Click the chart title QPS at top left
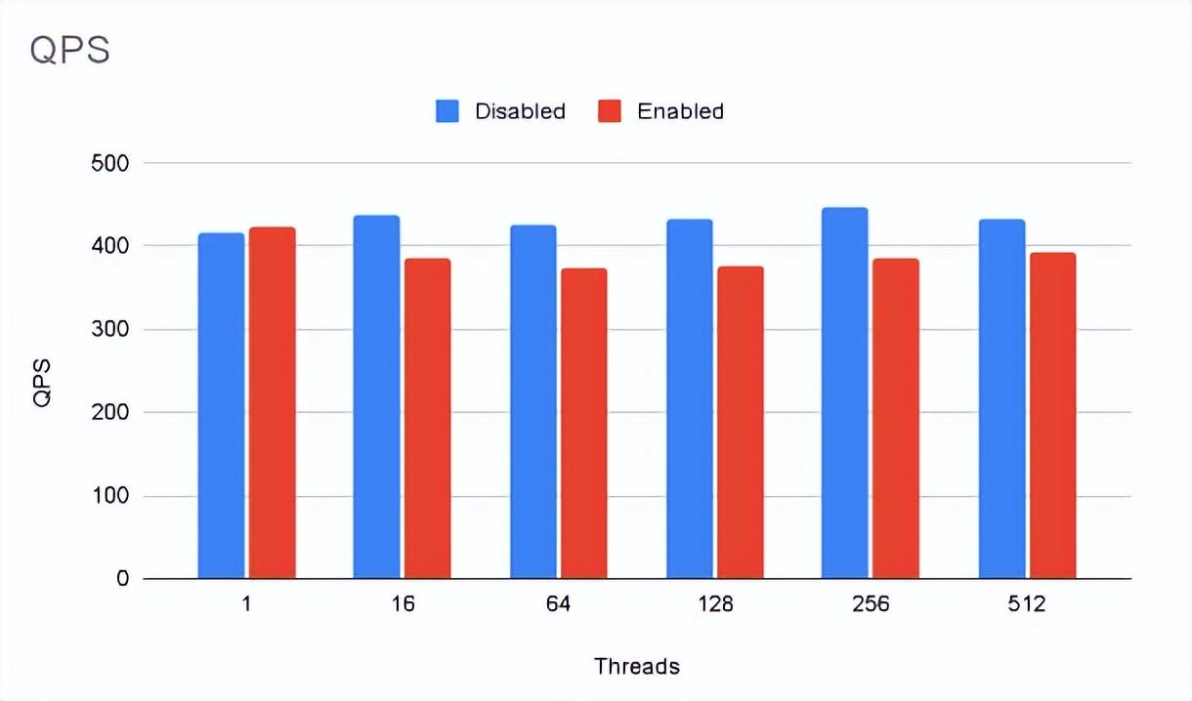tap(69, 50)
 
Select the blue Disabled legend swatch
tap(447, 111)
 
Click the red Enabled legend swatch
tap(610, 111)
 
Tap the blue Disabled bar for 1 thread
tap(221, 405)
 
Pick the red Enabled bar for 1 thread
tap(272, 402)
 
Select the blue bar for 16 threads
tap(376, 396)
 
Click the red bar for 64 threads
tap(583, 423)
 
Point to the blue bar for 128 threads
tap(689, 398)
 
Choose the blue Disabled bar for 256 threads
tap(844, 392)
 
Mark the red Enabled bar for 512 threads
tap(1052, 415)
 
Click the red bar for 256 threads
tap(895, 418)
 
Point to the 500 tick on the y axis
tap(108, 163)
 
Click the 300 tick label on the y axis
tap(108, 330)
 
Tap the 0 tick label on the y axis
tap(121, 579)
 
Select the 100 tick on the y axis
tap(108, 496)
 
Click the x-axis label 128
tap(714, 604)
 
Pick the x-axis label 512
tap(1027, 604)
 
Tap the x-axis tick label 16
tap(403, 604)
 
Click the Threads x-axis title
tap(637, 667)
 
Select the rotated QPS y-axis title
tap(42, 383)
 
